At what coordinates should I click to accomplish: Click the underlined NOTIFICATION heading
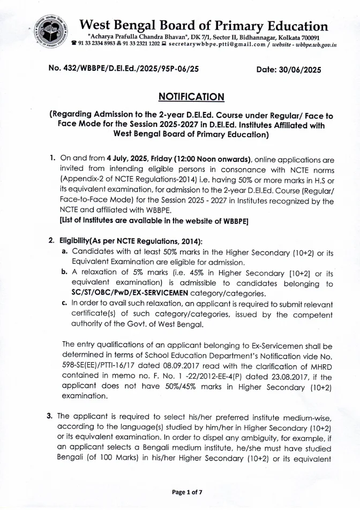point(191,96)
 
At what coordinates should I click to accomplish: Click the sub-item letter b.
point(64,272)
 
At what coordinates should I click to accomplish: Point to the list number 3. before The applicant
point(52,415)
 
